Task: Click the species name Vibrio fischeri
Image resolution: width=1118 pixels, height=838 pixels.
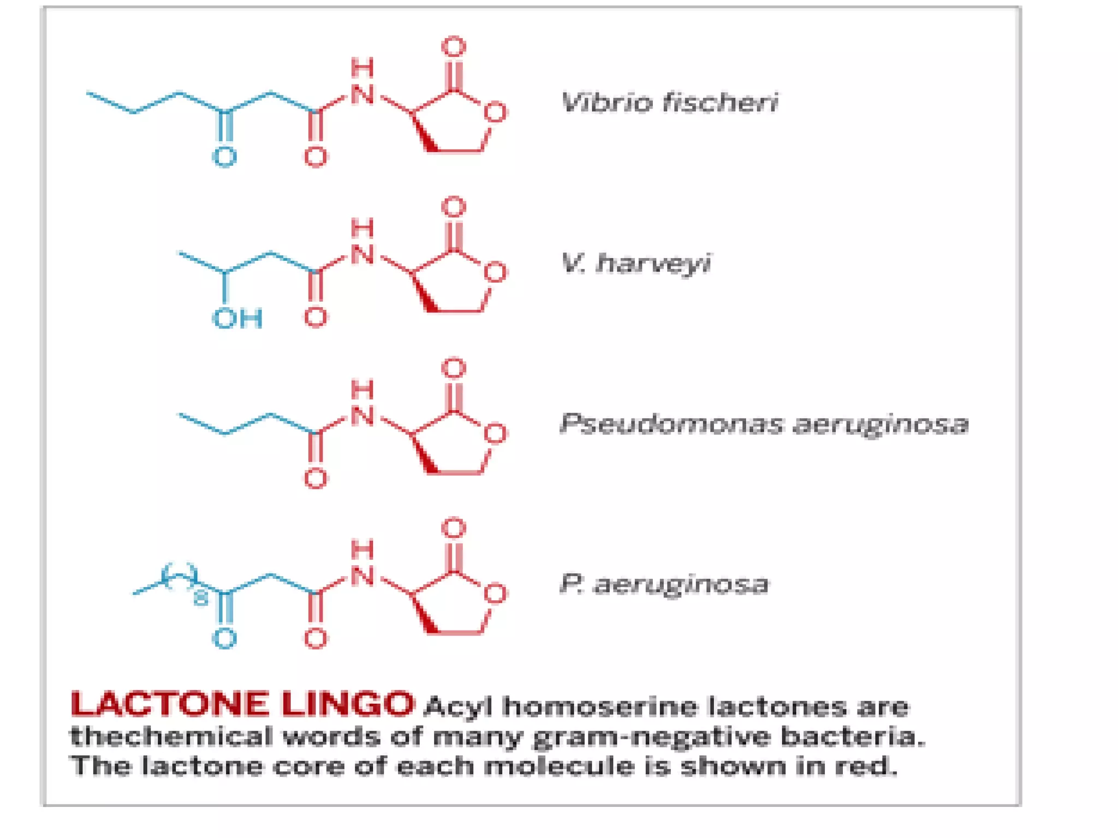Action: coord(669,103)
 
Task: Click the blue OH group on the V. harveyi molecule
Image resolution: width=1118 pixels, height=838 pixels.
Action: coord(237,319)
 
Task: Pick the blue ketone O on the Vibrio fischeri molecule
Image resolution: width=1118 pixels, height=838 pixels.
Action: coord(224,157)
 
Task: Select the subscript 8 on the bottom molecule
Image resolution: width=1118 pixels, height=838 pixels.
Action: coord(201,598)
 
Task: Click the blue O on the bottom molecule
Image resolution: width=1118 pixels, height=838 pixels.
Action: coord(224,639)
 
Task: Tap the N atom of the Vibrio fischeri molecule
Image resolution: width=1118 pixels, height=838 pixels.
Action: coord(362,95)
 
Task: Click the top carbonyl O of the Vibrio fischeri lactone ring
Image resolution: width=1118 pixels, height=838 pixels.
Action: coord(454,47)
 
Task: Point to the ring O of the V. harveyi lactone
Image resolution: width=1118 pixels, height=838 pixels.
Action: coord(495,273)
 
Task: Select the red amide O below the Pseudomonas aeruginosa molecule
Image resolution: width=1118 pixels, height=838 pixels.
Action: coord(316,479)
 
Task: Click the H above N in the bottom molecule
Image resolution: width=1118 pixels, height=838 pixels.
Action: coord(362,549)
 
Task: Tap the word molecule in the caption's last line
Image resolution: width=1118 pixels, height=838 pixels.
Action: coord(559,766)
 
